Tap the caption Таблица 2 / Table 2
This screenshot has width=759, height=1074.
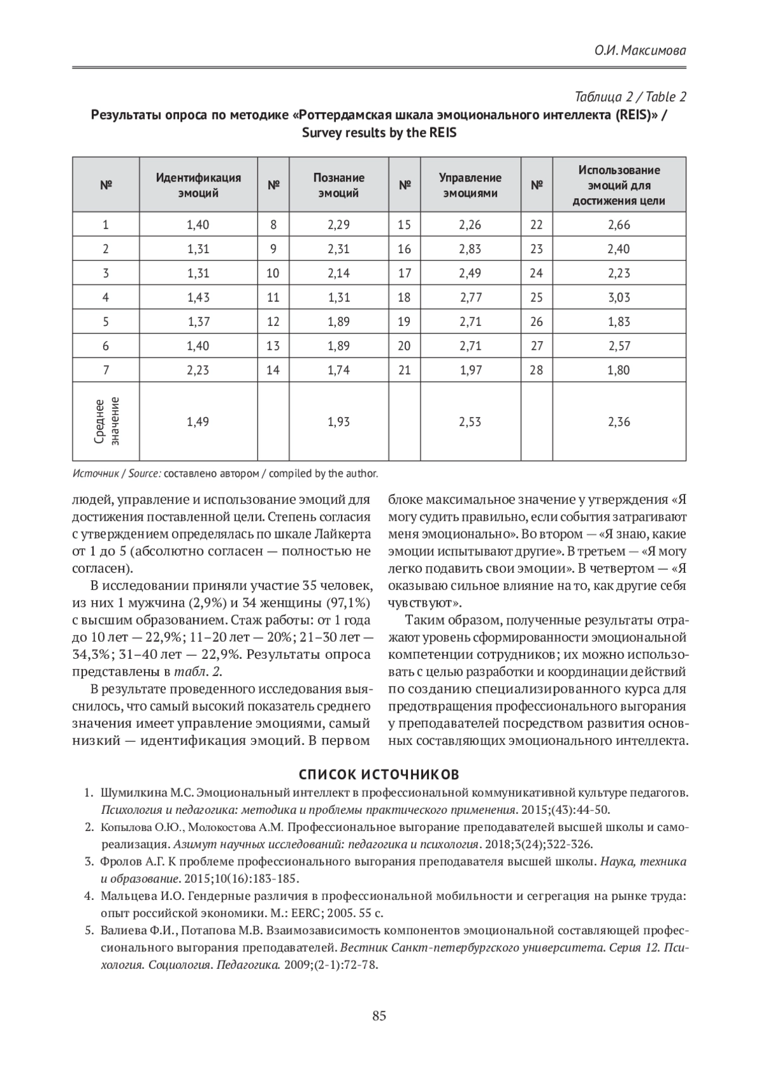click(630, 97)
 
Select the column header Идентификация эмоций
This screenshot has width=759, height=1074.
click(198, 185)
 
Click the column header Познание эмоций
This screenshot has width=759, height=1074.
click(338, 185)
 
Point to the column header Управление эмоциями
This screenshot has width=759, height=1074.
click(470, 185)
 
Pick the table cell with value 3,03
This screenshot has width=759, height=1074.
click(619, 297)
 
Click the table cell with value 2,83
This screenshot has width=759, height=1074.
click(470, 249)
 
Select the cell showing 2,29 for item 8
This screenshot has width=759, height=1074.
click(338, 225)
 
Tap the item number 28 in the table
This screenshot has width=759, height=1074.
click(536, 370)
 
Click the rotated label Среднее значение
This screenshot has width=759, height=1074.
click(106, 421)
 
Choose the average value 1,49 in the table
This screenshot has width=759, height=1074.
click(198, 421)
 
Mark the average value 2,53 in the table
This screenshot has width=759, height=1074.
click(470, 421)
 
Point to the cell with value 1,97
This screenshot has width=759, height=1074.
click(471, 370)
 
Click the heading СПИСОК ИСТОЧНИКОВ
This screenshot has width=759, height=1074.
click(379, 774)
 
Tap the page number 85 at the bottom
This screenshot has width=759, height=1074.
click(379, 1016)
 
